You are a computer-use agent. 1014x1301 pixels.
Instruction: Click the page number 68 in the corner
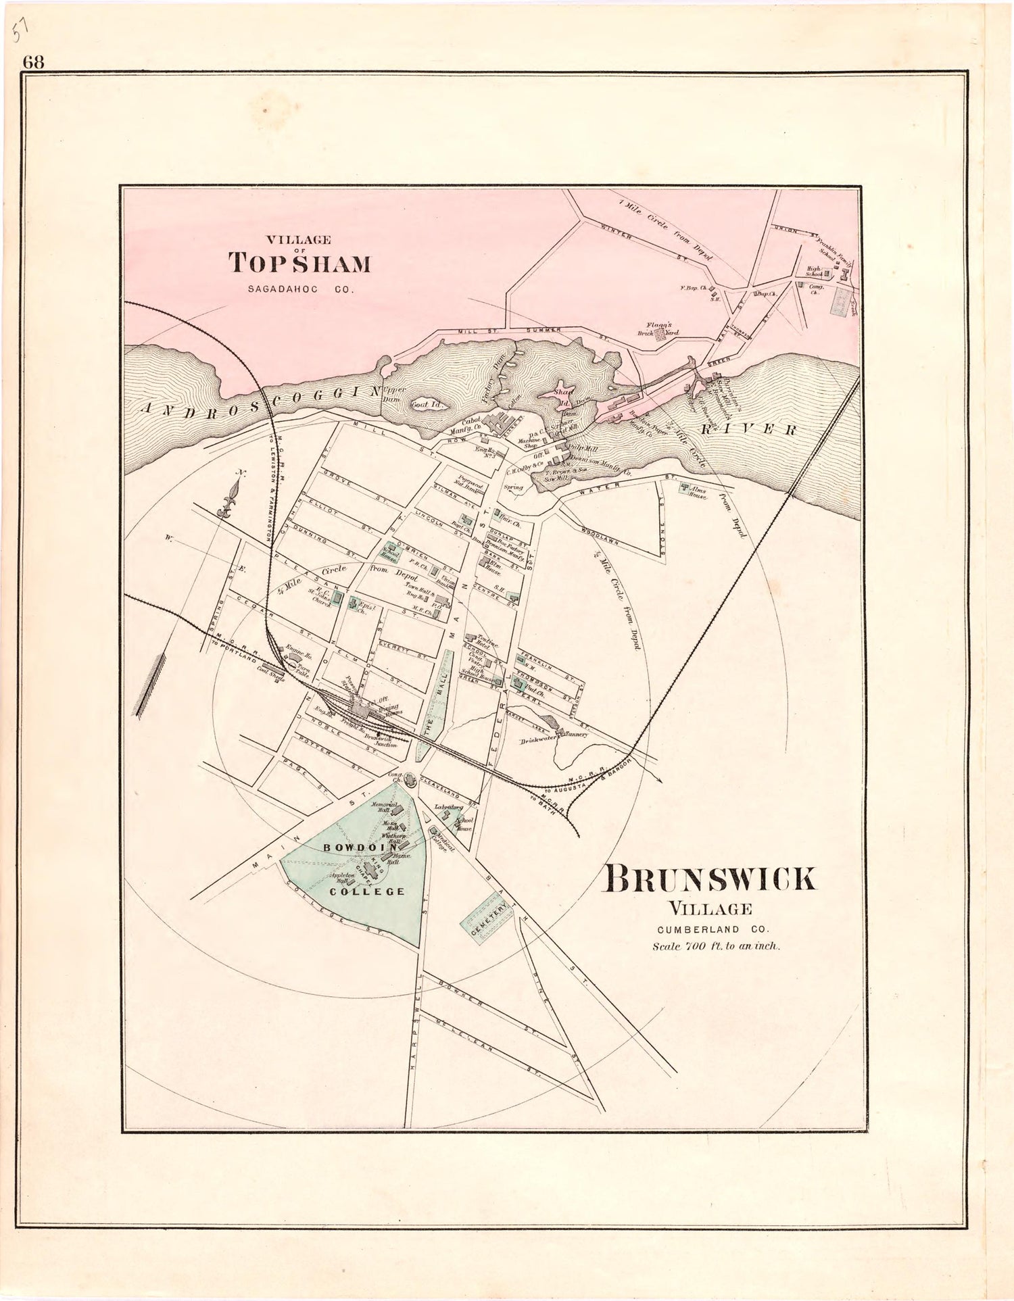33,62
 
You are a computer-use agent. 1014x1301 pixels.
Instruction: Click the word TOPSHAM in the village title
299,263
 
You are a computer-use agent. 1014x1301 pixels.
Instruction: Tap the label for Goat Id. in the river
425,403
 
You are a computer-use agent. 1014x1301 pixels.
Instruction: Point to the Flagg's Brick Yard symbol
659,333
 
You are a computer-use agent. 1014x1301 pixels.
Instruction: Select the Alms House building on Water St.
685,487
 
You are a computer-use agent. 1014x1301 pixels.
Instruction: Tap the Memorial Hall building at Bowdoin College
397,810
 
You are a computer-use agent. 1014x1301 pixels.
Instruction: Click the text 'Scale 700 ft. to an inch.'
716,946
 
